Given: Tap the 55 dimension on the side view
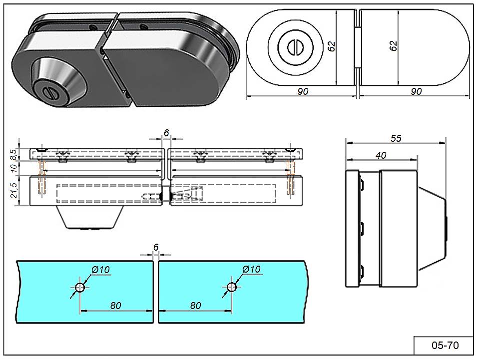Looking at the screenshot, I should [396, 138].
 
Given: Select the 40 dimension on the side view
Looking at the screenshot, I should [381, 155].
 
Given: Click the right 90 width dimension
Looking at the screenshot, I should [416, 91].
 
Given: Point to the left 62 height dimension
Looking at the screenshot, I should [331, 46].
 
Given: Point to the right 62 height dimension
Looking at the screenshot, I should [393, 46].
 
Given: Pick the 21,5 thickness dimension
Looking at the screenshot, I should [14, 190].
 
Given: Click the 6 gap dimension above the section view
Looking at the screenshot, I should [166, 132].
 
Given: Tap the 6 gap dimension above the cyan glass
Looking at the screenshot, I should [156, 247].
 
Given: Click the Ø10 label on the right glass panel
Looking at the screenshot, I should [252, 270].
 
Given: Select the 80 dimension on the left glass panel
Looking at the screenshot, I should [116, 305].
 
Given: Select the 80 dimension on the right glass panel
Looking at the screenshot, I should [195, 305].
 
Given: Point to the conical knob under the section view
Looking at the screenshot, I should [90, 218].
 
